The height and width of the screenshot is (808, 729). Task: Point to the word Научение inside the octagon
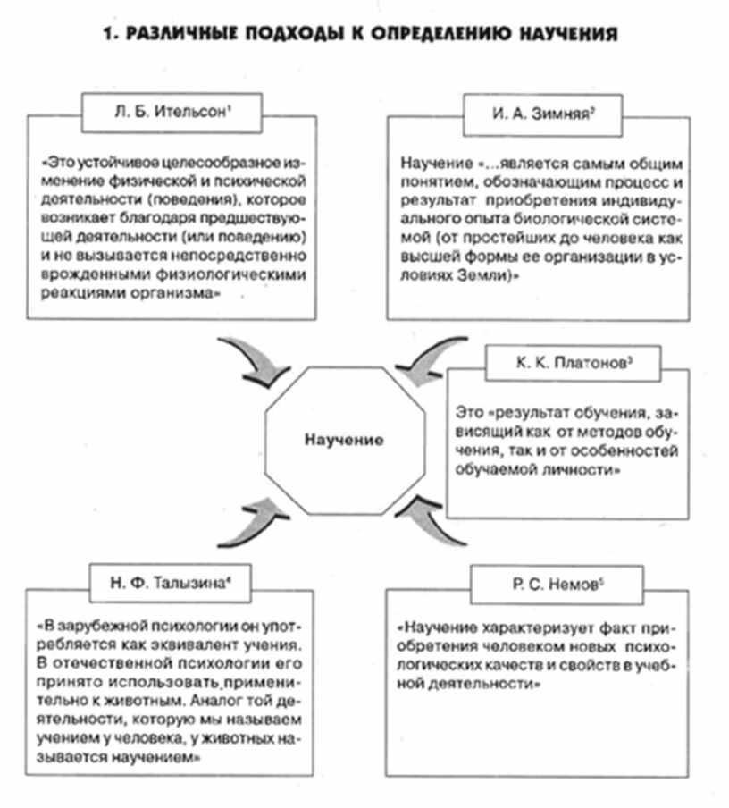[343, 440]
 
